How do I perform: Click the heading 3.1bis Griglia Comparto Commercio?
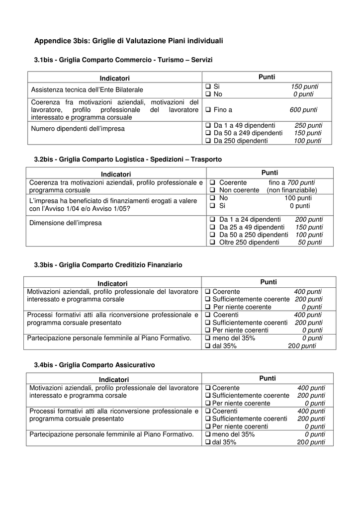click(x=123, y=60)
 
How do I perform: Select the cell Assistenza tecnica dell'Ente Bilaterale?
click(x=87, y=90)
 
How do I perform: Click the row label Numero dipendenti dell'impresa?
click(x=78, y=129)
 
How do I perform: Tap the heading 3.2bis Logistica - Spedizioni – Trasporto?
click(x=128, y=160)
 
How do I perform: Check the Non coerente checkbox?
click(x=212, y=190)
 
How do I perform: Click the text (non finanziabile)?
click(x=291, y=190)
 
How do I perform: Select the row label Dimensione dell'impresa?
click(x=65, y=223)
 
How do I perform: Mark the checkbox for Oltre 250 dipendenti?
click(x=212, y=243)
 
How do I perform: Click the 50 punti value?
click(x=310, y=243)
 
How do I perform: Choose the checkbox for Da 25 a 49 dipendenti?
click(x=212, y=227)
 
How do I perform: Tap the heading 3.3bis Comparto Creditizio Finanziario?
click(x=108, y=265)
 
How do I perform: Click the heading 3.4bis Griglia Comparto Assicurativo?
click(x=94, y=365)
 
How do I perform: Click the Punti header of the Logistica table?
click(x=270, y=172)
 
